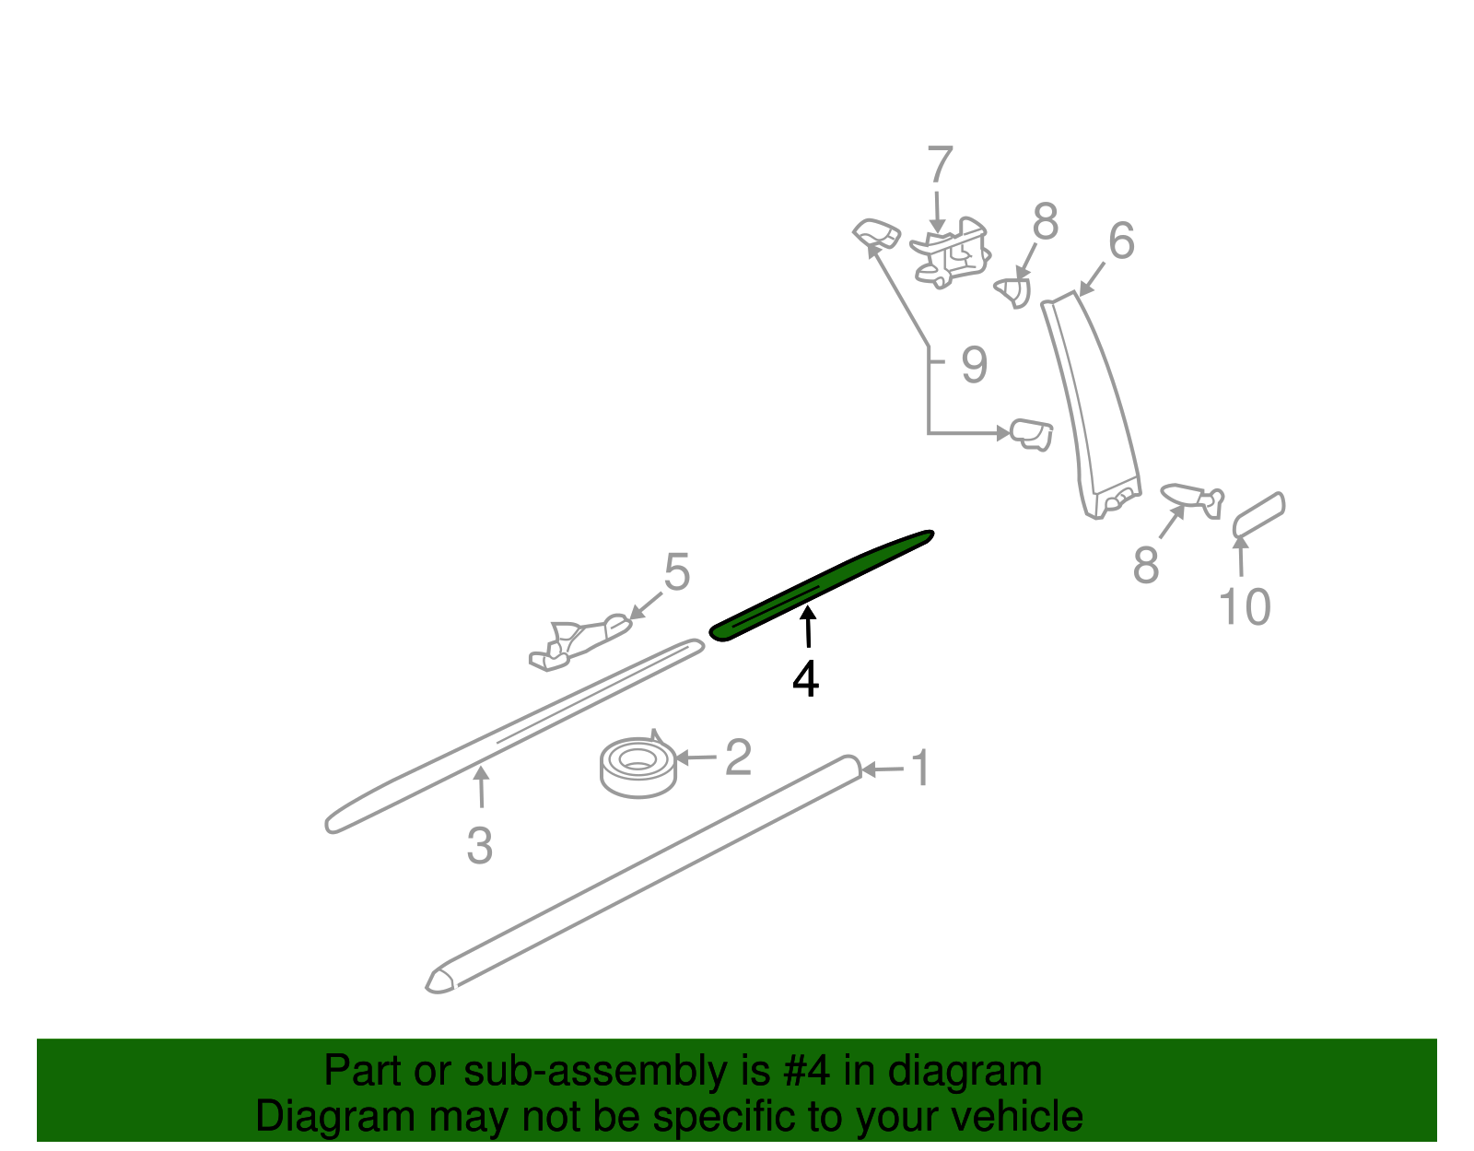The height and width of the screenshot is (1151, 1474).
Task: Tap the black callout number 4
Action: click(x=805, y=679)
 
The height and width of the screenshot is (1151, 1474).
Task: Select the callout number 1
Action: click(x=920, y=768)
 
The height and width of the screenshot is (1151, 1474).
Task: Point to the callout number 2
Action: click(x=738, y=757)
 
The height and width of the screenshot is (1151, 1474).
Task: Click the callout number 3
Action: click(x=479, y=844)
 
